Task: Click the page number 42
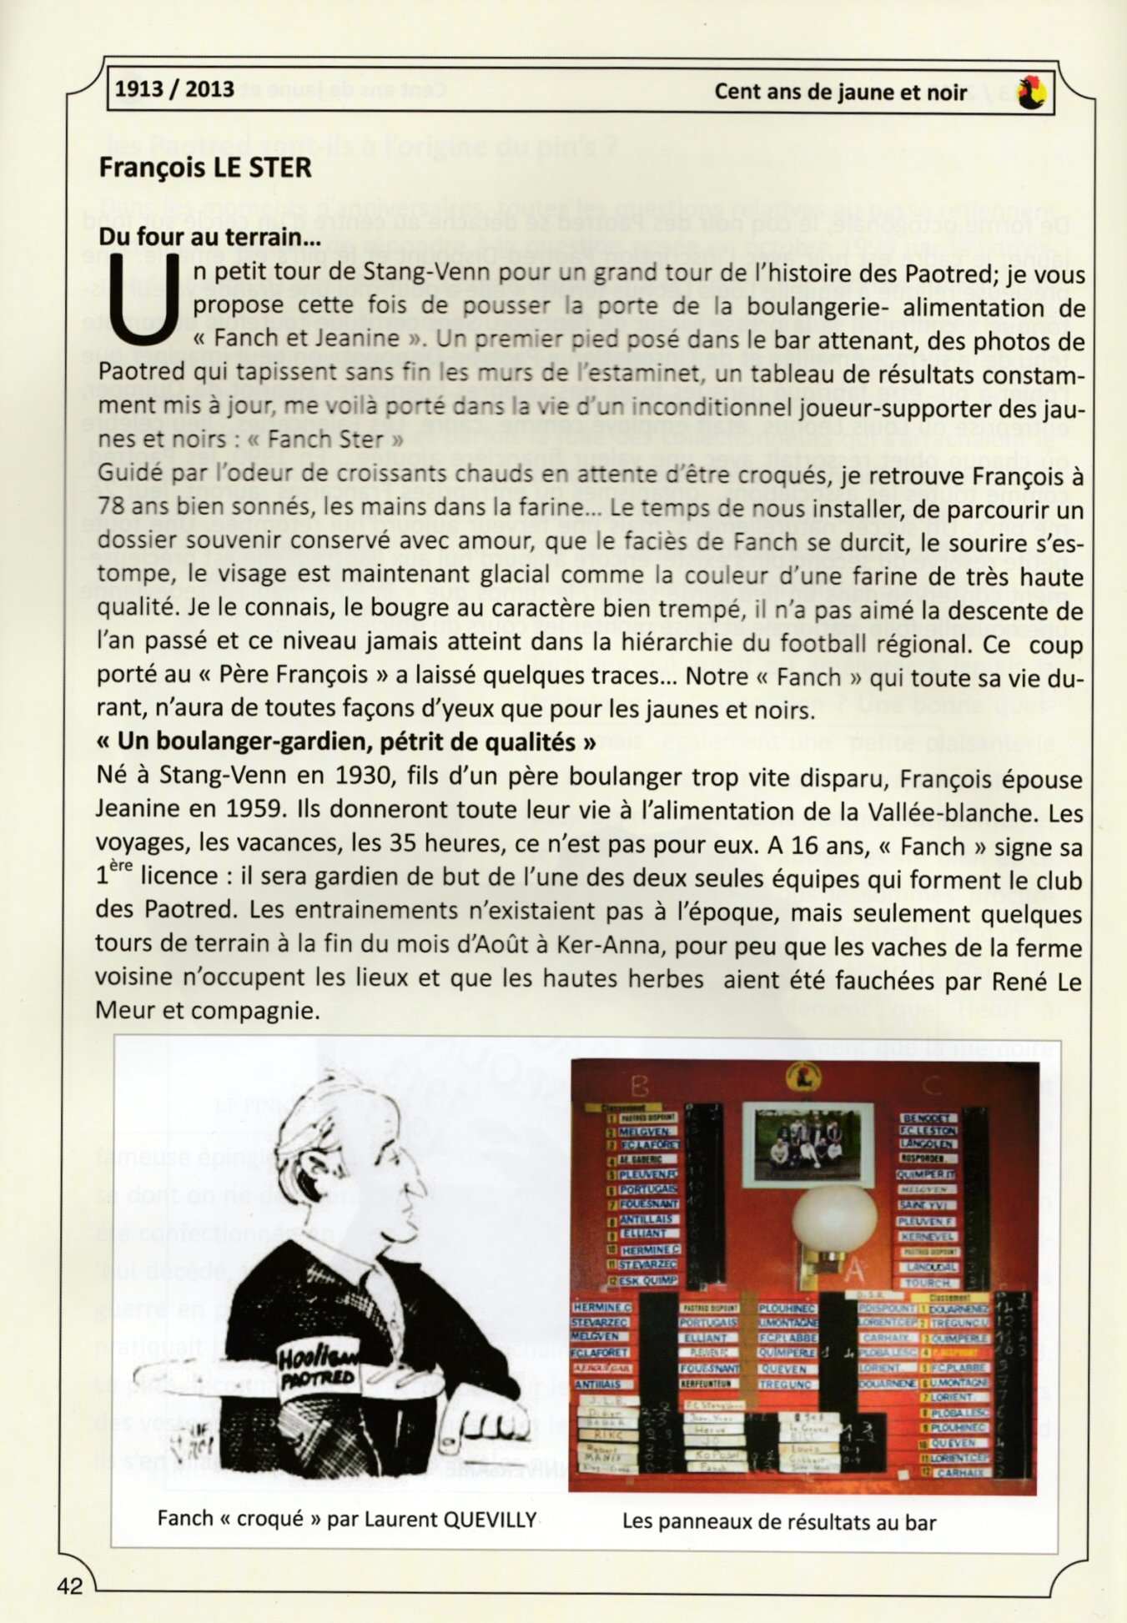[x=70, y=1585]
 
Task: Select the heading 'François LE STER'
[x=204, y=168]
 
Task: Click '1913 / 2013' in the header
[x=174, y=88]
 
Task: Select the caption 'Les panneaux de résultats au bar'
[x=778, y=1521]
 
